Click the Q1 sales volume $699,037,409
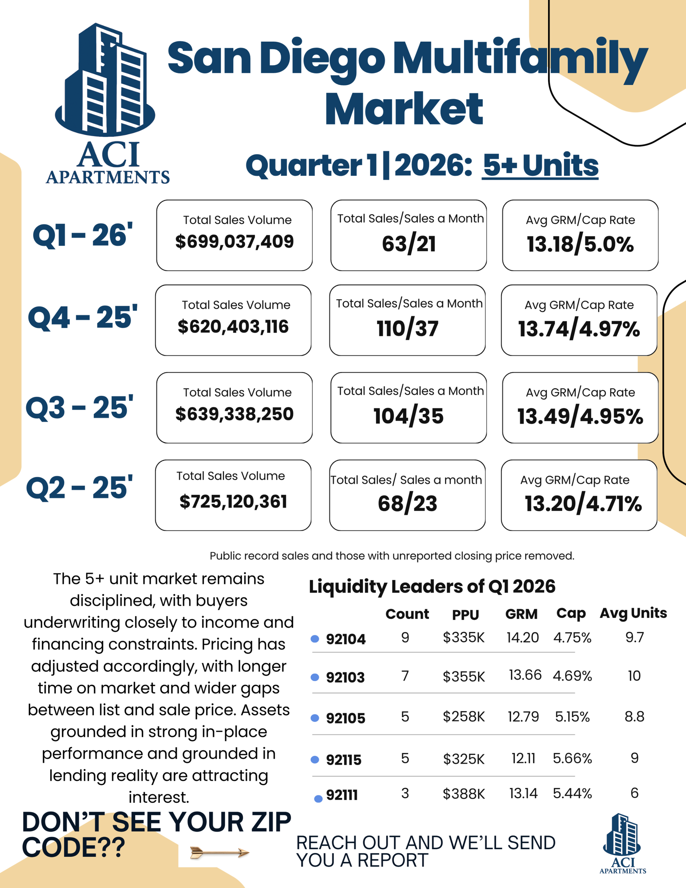click(234, 241)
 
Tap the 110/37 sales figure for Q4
click(408, 328)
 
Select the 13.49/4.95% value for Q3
click(580, 416)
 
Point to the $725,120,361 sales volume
click(233, 502)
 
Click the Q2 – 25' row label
click(79, 487)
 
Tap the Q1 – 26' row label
click(83, 235)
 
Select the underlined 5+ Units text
click(540, 165)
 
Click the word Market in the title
click(404, 109)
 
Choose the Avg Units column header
click(633, 613)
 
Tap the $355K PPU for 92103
click(464, 676)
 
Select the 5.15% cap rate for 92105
click(572, 716)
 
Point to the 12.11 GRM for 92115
click(523, 758)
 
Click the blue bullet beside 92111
click(318, 799)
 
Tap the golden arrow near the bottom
click(220, 853)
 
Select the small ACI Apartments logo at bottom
click(622, 844)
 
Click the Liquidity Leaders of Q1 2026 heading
click(432, 586)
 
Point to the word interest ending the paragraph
click(158, 797)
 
